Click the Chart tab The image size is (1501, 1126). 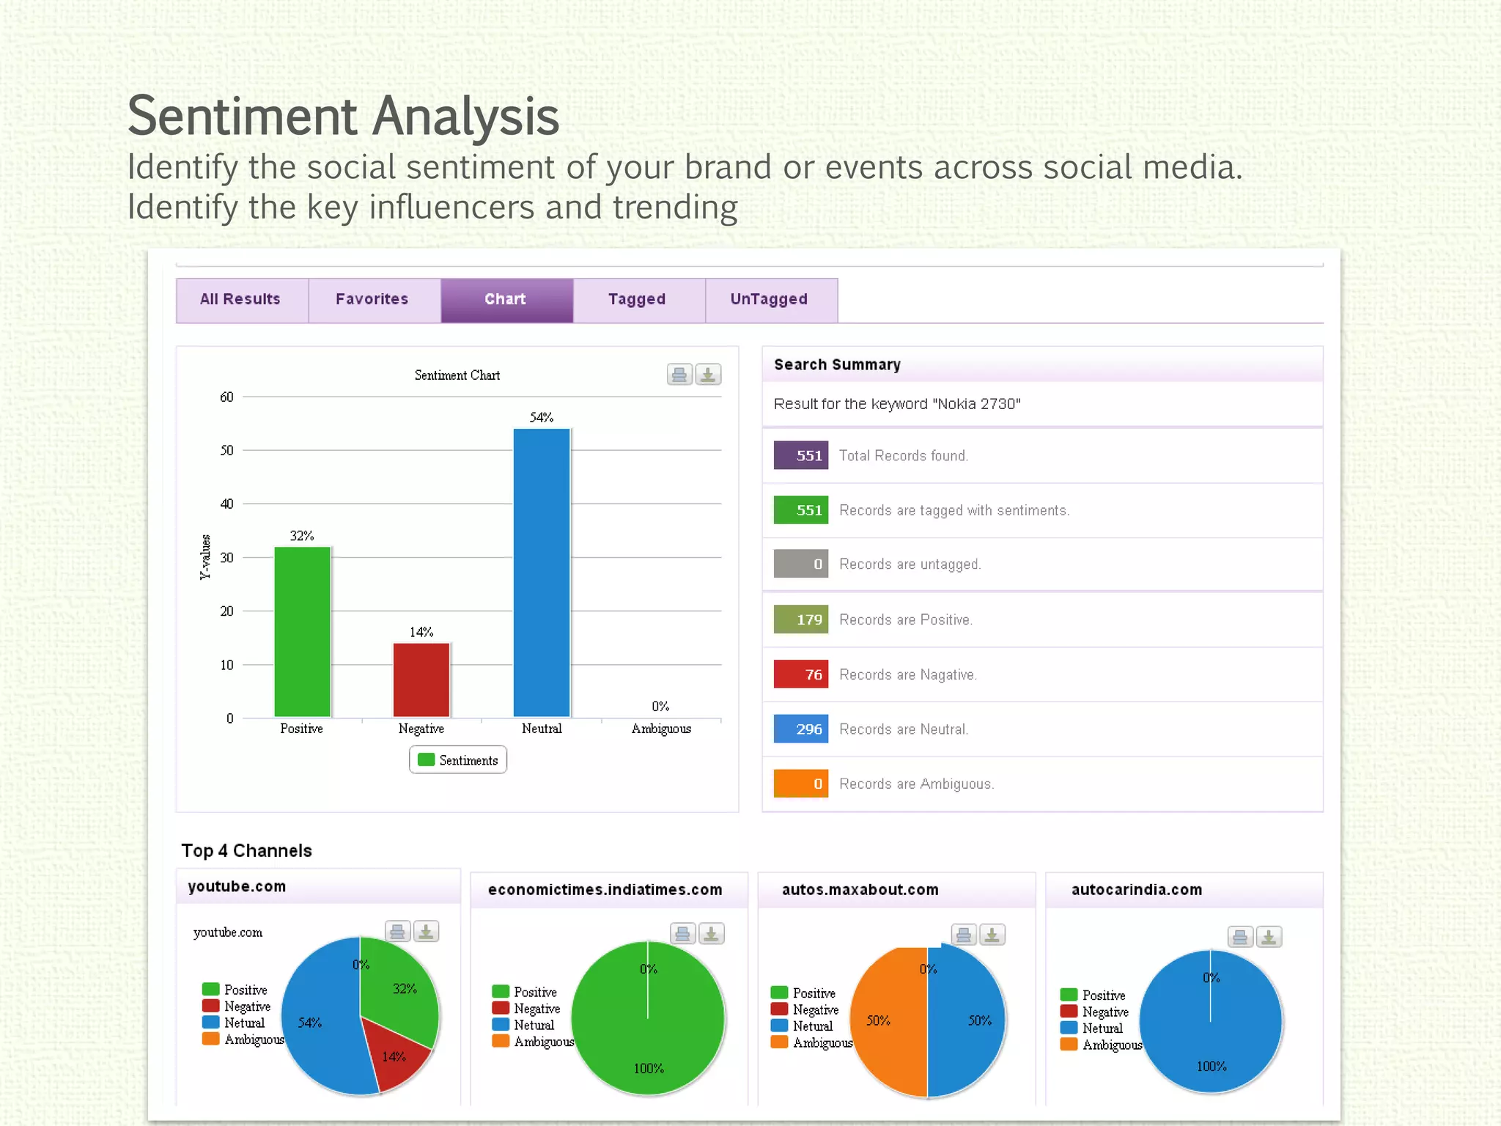506,299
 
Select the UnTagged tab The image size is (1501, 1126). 769,299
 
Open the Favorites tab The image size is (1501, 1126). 372,299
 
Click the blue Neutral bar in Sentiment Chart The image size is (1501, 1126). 542,572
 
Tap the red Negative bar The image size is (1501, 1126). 421,680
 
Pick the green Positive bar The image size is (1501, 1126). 302,630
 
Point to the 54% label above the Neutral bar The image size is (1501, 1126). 542,417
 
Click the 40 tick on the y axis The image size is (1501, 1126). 226,504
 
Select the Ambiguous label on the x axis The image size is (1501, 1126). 661,729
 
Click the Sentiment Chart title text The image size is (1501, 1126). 457,375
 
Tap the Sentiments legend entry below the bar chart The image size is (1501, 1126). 458,760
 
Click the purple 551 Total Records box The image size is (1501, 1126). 801,455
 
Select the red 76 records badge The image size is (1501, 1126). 801,674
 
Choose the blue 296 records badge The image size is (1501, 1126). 801,729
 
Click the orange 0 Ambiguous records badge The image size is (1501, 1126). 801,784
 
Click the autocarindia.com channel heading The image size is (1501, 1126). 1137,890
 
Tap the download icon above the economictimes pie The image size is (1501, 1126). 711,934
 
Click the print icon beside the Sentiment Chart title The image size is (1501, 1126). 679,375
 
